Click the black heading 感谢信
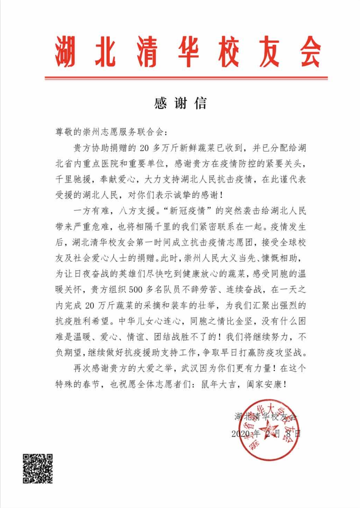pyautogui.click(x=180, y=103)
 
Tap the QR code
pyautogui.click(x=38, y=468)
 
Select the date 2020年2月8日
pyautogui.click(x=266, y=433)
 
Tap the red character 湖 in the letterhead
pyautogui.click(x=65, y=52)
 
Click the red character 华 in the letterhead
pyautogui.click(x=187, y=52)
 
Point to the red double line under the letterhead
pyautogui.click(x=186, y=78)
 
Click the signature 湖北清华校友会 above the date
pyautogui.click(x=266, y=417)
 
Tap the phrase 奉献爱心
pyautogui.click(x=118, y=179)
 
